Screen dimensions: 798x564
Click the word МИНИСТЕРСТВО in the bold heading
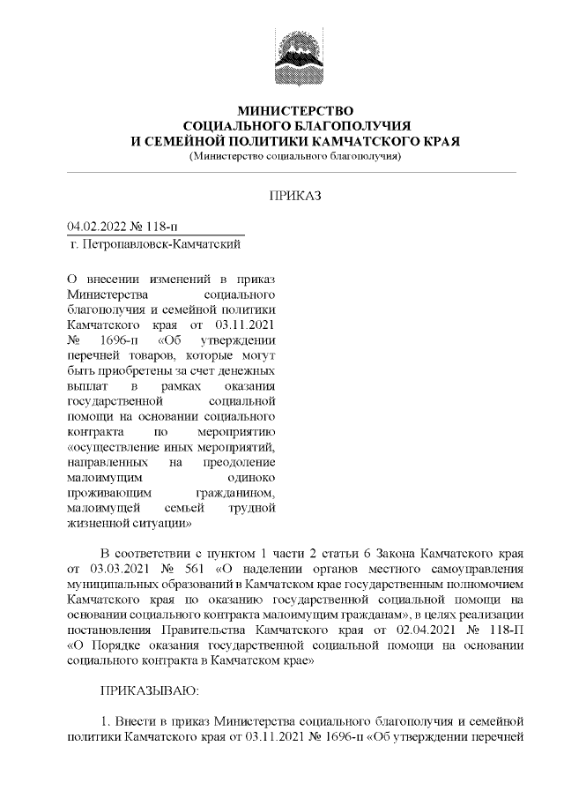295,111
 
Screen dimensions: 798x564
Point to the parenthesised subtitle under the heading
295,157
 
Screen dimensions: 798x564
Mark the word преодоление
241,460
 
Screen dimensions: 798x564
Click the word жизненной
97,525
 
